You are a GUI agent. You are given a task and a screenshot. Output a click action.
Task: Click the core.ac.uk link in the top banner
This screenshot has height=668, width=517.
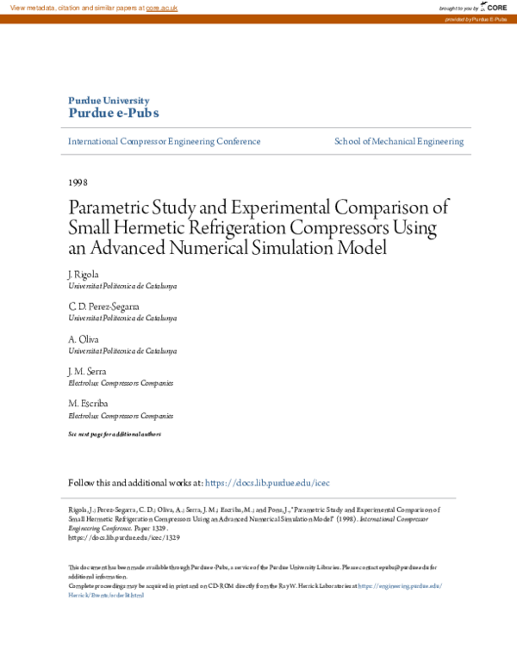coord(161,7)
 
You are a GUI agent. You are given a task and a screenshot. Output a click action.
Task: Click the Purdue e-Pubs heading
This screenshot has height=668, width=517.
coord(113,113)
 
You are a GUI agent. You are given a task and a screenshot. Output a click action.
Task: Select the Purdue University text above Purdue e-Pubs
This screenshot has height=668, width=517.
coord(103,100)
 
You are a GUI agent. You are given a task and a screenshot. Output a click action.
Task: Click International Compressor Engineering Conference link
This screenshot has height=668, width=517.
coord(164,141)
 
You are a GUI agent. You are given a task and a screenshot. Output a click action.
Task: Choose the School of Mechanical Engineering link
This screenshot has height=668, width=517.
coord(399,141)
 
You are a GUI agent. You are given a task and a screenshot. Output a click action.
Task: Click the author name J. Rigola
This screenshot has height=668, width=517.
coord(83,273)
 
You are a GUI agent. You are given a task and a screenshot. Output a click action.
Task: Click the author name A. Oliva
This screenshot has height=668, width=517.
coord(84,339)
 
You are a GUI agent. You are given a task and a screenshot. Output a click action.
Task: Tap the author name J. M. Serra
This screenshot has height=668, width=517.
coord(87,371)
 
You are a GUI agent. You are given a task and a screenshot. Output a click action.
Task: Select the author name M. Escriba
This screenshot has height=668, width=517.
coord(87,403)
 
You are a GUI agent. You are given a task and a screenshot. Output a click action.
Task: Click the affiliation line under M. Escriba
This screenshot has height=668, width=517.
coord(121,415)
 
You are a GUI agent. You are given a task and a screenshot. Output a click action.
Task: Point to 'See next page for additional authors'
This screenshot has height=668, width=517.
coord(115,434)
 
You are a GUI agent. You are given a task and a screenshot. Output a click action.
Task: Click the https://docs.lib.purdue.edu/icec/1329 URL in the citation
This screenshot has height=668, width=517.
coord(124,536)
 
